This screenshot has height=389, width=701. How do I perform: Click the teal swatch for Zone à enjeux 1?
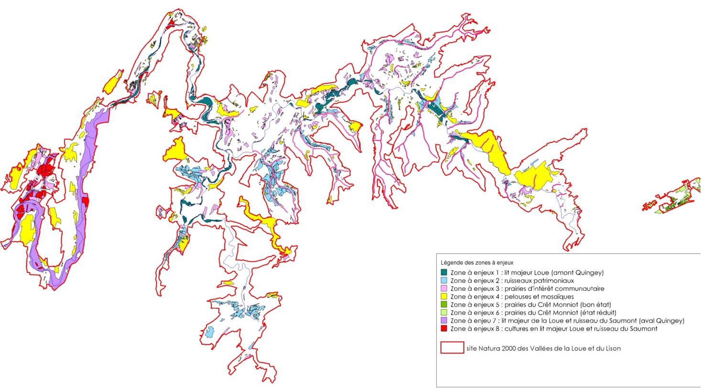pos(444,273)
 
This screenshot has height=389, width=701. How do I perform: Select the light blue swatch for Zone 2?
pos(444,281)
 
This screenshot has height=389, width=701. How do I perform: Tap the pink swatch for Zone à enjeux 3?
pos(444,289)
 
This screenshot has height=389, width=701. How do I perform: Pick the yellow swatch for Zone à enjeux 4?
pos(444,297)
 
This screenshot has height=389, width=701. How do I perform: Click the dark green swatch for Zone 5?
pos(444,304)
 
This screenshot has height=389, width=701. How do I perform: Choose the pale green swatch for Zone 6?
pos(444,312)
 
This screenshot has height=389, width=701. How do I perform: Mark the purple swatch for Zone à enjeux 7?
pos(444,321)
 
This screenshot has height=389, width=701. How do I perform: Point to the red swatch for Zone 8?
pos(444,329)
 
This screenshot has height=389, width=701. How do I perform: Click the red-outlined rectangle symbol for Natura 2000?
pos(452,347)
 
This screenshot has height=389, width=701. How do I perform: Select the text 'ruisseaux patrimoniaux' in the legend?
pos(543,281)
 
